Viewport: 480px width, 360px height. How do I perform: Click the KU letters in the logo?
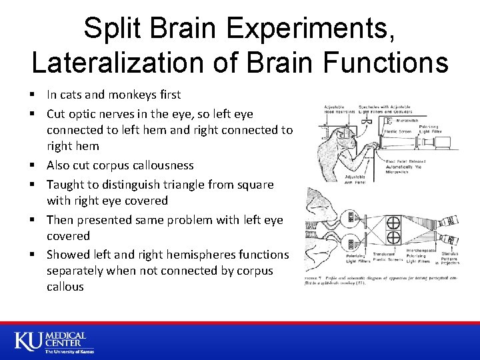tap(29, 340)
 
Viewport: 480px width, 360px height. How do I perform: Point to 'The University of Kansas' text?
tap(69, 351)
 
